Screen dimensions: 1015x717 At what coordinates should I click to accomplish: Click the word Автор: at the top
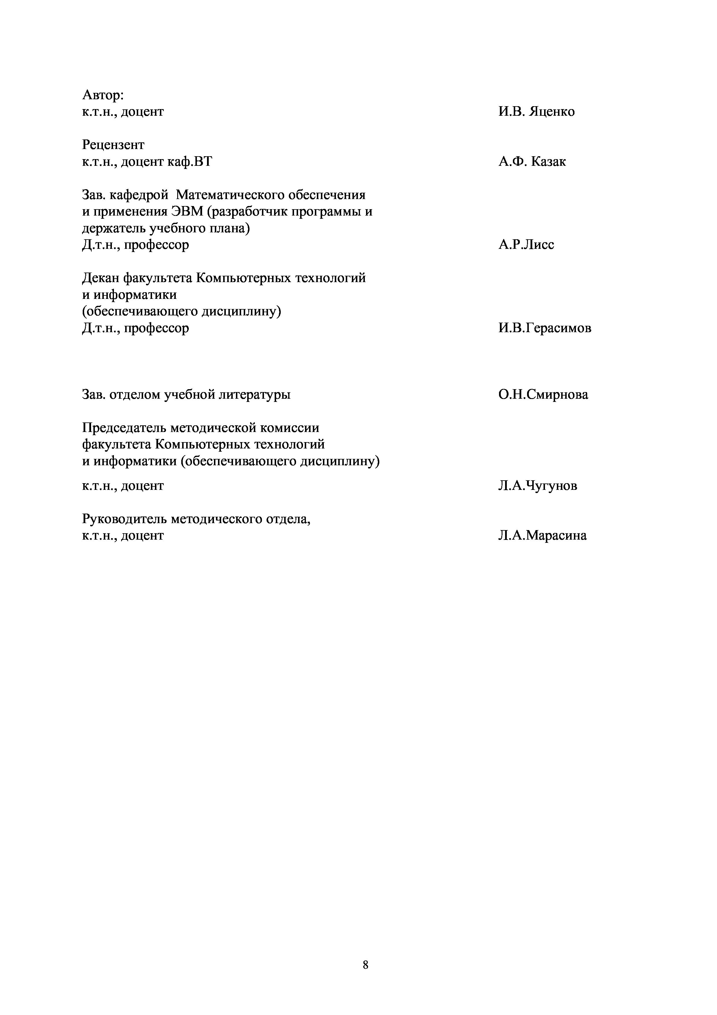coord(103,95)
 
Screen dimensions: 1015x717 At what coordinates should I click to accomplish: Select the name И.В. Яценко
coord(536,111)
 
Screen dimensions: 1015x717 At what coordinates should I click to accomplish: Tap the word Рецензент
coord(113,145)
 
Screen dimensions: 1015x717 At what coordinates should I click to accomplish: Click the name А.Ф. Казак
coord(532,161)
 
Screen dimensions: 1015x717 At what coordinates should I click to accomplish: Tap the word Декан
coord(100,278)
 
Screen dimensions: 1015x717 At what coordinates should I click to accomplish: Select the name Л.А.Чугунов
coord(537,486)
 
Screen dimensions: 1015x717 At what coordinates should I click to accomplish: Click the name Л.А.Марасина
coord(542,535)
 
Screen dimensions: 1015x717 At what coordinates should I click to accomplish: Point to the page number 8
coord(365,965)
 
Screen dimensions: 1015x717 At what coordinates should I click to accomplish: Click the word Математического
coord(229,194)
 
